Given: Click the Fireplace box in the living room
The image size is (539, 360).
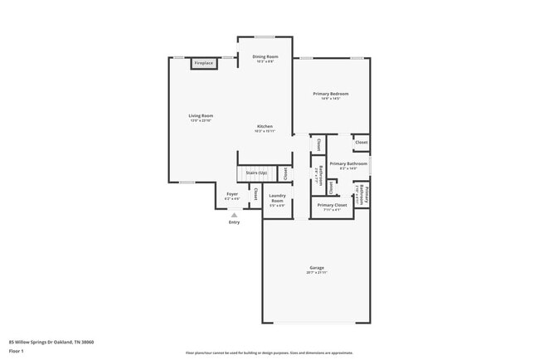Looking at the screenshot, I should [x=203, y=63].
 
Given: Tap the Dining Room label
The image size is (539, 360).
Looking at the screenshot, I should [x=265, y=56].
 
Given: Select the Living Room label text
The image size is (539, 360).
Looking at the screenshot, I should [x=201, y=115].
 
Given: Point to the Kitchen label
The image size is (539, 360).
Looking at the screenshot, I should [x=265, y=126].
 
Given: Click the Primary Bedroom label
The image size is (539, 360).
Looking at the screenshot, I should [x=330, y=94].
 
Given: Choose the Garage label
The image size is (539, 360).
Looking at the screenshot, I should [x=316, y=267].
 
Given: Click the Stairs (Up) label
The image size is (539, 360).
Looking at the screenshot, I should [x=256, y=173].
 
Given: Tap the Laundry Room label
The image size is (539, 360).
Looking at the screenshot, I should [x=277, y=199].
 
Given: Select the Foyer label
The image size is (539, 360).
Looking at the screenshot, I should [x=232, y=194].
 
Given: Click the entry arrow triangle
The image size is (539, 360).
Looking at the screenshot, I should [x=234, y=214].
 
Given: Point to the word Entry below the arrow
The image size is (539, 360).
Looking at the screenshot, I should [x=234, y=221].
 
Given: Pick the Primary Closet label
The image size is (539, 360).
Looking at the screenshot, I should [x=331, y=205].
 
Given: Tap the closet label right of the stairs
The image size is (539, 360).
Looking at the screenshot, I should [x=286, y=173].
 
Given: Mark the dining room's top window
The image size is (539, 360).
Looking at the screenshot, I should [x=265, y=36].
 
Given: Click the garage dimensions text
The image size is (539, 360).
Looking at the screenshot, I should [x=316, y=272].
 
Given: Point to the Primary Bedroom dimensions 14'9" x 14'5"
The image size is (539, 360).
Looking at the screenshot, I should [x=330, y=99].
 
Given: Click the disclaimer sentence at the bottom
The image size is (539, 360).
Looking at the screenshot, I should [x=269, y=353].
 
